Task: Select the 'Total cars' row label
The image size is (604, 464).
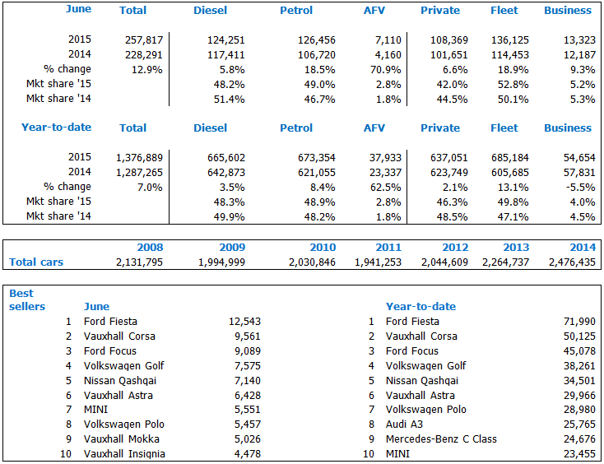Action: coord(36,262)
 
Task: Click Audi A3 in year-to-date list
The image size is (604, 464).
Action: coord(405,425)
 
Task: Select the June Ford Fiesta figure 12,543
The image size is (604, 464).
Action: coord(244,322)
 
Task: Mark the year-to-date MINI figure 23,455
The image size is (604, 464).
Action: coord(572,454)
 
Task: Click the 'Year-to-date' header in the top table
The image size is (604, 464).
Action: coord(56,128)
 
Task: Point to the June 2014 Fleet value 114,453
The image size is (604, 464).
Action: coord(506,54)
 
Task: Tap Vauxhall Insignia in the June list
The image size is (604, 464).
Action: coord(124,454)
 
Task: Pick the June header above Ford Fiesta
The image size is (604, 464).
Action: coord(96,307)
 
